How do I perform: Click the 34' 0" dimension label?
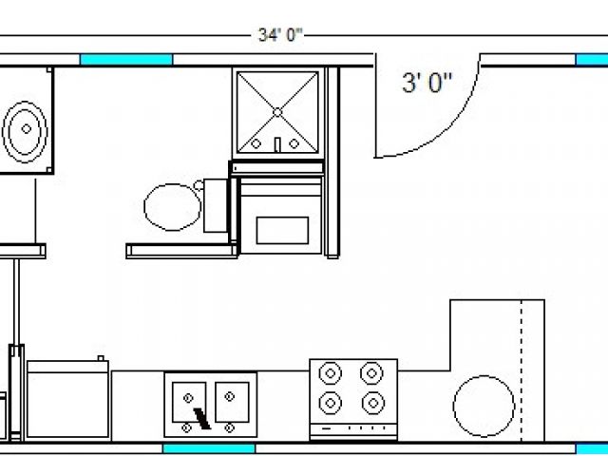pyautogui.click(x=280, y=35)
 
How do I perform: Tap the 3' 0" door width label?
pyautogui.click(x=427, y=83)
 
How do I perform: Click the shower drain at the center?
pyautogui.click(x=277, y=112)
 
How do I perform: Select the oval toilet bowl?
pyautogui.click(x=173, y=207)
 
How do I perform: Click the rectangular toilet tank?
pyautogui.click(x=216, y=205)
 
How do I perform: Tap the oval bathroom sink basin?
pyautogui.click(x=25, y=130)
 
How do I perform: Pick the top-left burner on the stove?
pyautogui.click(x=331, y=373)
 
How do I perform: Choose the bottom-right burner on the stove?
pyautogui.click(x=373, y=403)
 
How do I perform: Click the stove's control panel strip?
pyautogui.click(x=353, y=428)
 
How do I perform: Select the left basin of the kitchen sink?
pyautogui.click(x=189, y=402)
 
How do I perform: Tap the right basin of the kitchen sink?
pyautogui.click(x=232, y=402)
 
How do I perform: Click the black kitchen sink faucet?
pyautogui.click(x=201, y=419)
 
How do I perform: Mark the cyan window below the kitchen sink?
pyautogui.click(x=209, y=449)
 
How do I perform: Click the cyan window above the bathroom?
pyautogui.click(x=126, y=59)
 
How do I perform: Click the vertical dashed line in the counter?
pyautogui.click(x=522, y=370)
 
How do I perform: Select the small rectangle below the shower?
pyautogui.click(x=282, y=230)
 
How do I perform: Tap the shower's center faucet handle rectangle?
pyautogui.click(x=277, y=144)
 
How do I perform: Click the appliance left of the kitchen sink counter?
pyautogui.click(x=67, y=399)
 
